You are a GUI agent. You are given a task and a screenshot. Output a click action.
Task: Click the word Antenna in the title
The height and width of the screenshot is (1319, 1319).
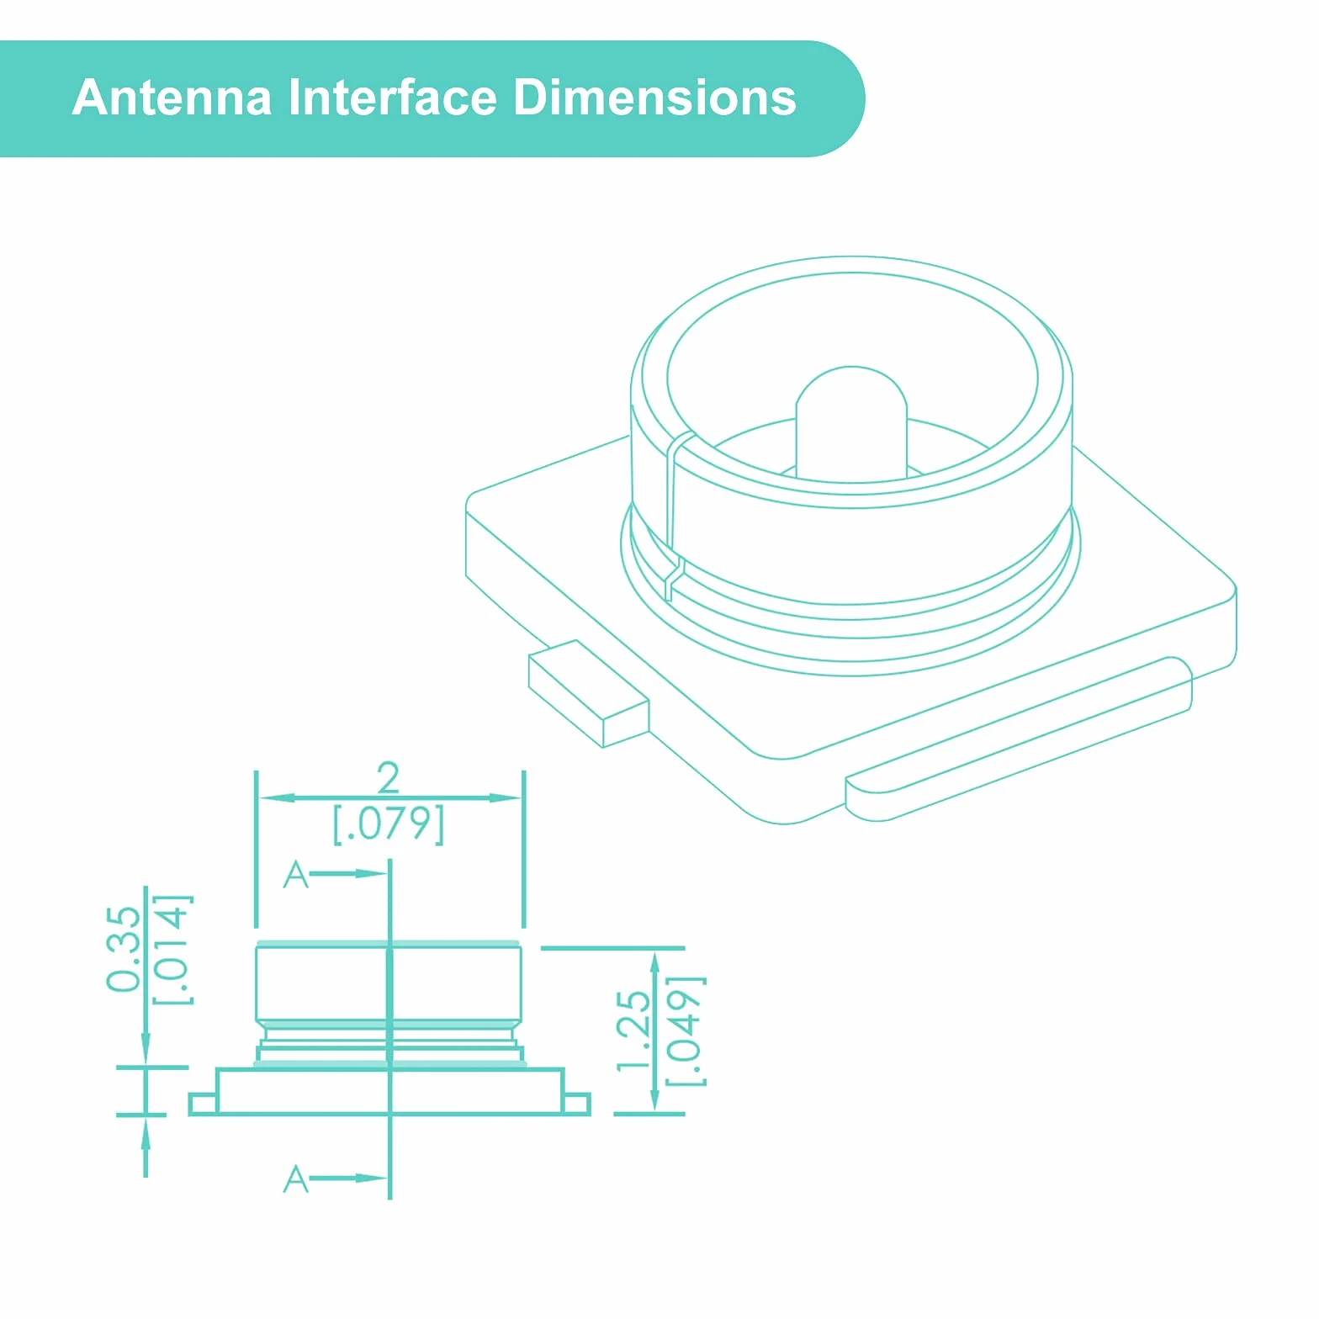172,98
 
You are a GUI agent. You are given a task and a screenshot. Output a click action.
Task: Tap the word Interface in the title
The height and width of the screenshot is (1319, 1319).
393,98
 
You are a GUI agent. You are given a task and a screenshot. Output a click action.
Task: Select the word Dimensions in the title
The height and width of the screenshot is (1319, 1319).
654,98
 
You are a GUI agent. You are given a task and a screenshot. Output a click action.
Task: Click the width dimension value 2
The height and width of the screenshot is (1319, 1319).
388,777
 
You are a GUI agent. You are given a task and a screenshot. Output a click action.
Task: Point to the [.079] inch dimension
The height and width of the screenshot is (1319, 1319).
389,824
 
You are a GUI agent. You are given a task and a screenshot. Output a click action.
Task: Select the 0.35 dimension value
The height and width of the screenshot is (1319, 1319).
124,949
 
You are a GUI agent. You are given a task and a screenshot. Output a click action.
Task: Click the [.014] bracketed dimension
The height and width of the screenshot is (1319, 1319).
172,950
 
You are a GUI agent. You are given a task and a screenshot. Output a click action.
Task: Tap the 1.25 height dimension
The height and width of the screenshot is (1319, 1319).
633,1030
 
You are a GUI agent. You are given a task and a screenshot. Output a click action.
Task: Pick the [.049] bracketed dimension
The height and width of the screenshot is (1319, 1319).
686,1031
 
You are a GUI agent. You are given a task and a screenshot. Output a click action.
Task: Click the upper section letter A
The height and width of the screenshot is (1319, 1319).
295,874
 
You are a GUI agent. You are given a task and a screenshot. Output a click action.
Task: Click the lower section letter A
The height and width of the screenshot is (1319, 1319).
295,1179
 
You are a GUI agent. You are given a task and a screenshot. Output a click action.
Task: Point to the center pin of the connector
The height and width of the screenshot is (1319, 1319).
851,425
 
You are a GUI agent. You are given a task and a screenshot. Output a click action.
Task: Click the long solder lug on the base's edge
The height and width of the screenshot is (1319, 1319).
1019,739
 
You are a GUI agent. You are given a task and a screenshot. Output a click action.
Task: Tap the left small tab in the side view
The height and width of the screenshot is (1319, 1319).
204,1104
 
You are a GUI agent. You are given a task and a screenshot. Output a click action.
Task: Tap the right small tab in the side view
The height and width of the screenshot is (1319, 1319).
576,1104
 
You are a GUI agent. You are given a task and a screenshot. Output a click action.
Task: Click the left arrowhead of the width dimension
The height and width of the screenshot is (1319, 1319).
277,797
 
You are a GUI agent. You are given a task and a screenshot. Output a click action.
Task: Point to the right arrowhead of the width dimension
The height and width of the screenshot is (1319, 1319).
505,797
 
